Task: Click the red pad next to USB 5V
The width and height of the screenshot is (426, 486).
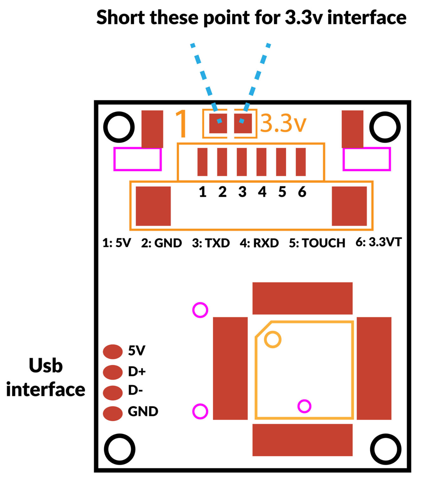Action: [x=113, y=352]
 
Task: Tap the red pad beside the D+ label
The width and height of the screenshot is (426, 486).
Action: [x=113, y=372]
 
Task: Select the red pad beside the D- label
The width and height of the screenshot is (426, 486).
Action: [x=113, y=393]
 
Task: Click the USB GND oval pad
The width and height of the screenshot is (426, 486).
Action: [x=113, y=413]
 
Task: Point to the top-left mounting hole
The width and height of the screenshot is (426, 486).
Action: [x=119, y=127]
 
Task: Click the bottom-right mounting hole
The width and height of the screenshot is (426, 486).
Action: [x=385, y=449]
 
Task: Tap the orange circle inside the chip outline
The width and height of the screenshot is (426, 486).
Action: [x=272, y=340]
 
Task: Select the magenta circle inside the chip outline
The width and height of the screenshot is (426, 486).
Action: [x=304, y=406]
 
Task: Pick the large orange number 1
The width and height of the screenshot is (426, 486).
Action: [x=182, y=124]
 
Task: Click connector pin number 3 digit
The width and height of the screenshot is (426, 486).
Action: [x=242, y=192]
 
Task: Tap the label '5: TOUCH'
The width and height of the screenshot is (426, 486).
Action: [x=317, y=243]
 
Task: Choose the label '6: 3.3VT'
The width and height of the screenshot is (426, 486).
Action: [x=378, y=242]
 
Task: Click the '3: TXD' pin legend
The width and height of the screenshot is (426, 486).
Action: [x=211, y=243]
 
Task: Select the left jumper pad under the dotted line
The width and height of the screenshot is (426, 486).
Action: [x=218, y=123]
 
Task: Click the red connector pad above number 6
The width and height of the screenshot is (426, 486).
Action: [x=301, y=162]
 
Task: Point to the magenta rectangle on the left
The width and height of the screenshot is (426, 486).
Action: [x=137, y=159]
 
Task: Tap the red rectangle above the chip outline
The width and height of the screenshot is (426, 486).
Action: [x=302, y=298]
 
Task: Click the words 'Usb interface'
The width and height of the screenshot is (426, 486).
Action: [x=46, y=377]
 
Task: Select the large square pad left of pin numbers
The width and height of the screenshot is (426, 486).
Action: [x=153, y=206]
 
